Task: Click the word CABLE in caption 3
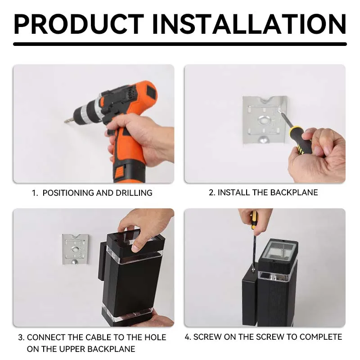(x=93, y=337)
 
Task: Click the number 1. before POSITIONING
(x=35, y=193)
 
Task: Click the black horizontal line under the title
(x=180, y=44)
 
